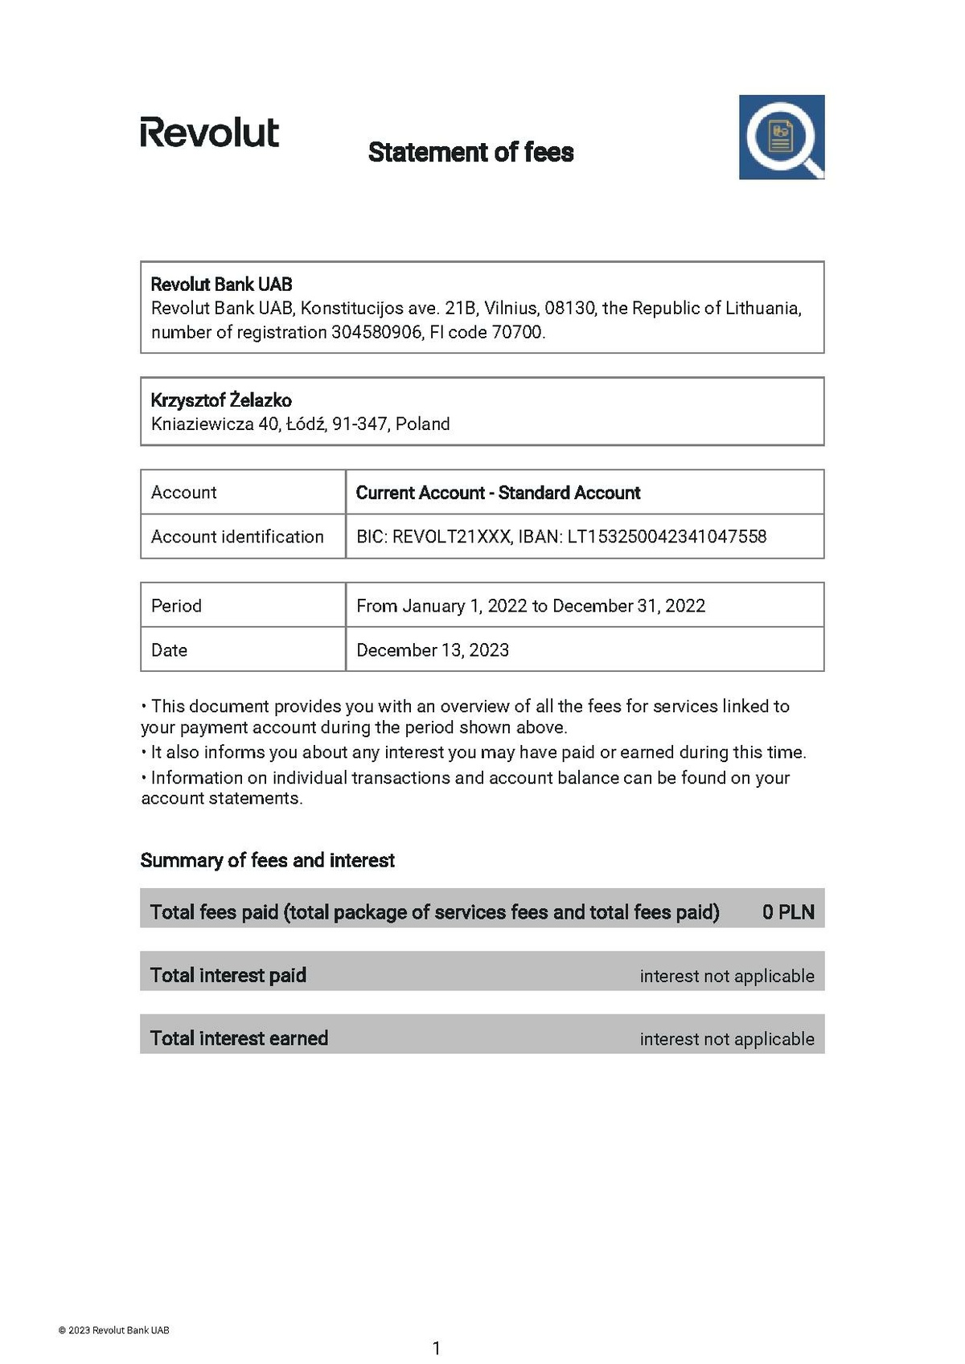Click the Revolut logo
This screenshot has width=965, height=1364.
(209, 133)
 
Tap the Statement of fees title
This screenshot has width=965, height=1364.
(470, 152)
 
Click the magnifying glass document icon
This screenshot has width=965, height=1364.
(781, 137)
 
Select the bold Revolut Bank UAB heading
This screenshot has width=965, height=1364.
(221, 284)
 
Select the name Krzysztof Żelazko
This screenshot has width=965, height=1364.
(221, 400)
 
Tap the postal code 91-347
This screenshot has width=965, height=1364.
(359, 424)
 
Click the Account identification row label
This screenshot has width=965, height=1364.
(237, 536)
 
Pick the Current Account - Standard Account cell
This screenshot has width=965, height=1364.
(498, 493)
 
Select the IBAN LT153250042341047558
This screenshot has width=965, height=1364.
(667, 536)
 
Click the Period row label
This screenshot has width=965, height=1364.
(176, 605)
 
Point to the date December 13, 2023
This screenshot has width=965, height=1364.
(433, 649)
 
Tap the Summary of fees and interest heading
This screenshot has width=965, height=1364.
(267, 860)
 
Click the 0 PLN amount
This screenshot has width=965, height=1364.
(788, 911)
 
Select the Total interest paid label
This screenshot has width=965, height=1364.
(228, 975)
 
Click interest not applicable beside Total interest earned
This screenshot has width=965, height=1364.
(727, 1038)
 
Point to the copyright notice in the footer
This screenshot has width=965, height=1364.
(113, 1330)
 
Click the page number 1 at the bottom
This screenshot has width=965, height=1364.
(437, 1348)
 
